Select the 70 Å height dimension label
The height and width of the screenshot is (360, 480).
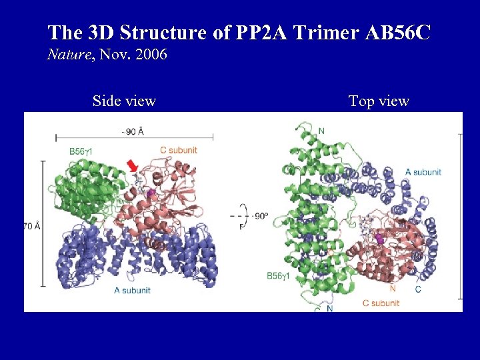tap(32, 227)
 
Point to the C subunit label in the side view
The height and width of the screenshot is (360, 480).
tap(179, 151)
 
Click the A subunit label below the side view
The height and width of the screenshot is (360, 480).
tap(132, 290)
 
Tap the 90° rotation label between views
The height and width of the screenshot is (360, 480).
tap(259, 216)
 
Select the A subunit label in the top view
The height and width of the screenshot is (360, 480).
tap(423, 172)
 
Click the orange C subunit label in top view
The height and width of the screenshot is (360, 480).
tap(381, 303)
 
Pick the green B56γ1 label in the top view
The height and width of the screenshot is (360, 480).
tap(282, 275)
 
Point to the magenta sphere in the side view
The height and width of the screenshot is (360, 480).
tap(151, 193)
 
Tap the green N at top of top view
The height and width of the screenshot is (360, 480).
tap(321, 131)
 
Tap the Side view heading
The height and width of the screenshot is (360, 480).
tap(124, 101)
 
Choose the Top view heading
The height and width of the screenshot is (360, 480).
tap(379, 101)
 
